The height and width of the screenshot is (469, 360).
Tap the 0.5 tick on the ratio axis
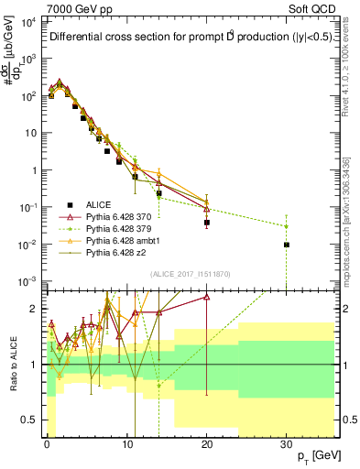32,420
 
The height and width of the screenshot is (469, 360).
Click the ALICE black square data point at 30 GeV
287,245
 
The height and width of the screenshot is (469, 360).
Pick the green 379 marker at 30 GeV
287,226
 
